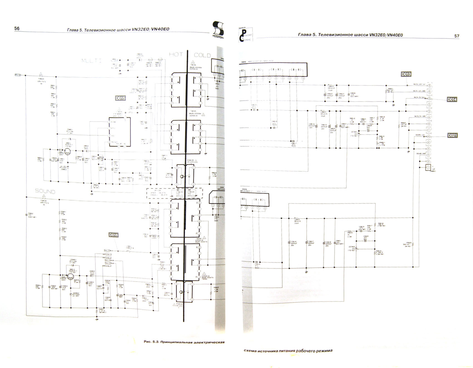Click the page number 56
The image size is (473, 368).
(17, 28)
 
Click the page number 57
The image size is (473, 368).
(457, 36)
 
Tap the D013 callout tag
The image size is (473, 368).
(406, 74)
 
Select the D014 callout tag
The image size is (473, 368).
(452, 99)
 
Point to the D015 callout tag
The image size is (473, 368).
(120, 98)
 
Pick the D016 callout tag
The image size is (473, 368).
(113, 235)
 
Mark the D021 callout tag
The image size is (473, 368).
(452, 135)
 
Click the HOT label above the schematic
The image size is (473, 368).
(176, 54)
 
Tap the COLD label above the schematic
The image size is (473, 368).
(202, 55)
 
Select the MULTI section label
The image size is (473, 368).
(91, 61)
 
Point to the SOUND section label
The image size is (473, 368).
(45, 191)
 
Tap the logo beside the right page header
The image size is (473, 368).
(245, 35)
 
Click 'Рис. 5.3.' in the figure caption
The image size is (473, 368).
(151, 342)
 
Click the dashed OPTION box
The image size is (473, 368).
(174, 193)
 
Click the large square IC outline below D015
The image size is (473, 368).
(120, 132)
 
